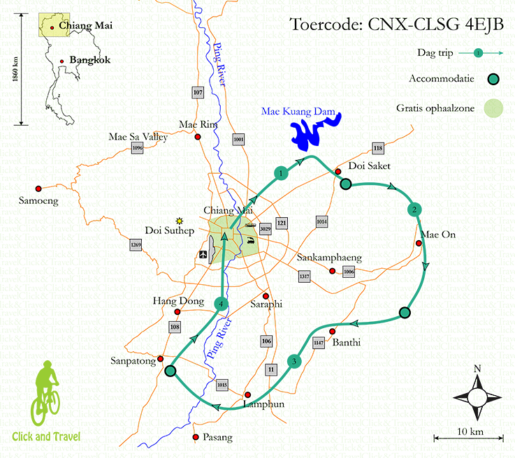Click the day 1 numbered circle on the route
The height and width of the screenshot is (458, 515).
[280, 173]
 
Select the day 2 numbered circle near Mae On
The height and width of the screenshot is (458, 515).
[414, 209]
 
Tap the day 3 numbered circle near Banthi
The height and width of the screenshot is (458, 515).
[295, 361]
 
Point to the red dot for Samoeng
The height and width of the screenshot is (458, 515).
[39, 188]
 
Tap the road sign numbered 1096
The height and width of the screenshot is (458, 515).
[137, 148]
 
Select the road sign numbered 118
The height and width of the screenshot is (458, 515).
[378, 148]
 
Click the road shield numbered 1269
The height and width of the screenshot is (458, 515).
[136, 245]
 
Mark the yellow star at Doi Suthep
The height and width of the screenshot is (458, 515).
[180, 220]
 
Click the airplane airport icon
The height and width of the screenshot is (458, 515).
[203, 255]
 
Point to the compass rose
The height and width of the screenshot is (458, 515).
[477, 396]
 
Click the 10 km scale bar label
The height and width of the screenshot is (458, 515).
[471, 431]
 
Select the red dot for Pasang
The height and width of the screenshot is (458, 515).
[196, 438]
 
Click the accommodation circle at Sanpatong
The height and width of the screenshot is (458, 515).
[170, 371]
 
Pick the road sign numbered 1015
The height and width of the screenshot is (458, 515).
[222, 385]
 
